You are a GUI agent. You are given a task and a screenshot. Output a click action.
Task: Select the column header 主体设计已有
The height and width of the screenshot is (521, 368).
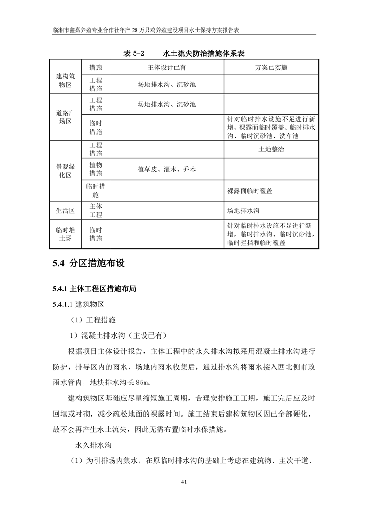point(167,67)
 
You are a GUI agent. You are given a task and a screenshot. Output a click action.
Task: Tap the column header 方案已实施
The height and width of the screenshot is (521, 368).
point(271,67)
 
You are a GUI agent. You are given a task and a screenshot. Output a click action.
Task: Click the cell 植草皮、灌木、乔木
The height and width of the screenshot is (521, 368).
point(167,169)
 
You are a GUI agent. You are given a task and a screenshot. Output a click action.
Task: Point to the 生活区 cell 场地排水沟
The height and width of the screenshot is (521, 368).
point(243,210)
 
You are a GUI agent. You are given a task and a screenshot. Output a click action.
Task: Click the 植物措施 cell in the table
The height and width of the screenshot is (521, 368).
point(96,169)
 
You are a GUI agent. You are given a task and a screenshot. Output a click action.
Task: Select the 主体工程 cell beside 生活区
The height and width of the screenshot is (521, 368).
point(96,210)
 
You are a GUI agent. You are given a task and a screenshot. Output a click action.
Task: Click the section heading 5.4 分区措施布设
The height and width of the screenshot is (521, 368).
point(88,264)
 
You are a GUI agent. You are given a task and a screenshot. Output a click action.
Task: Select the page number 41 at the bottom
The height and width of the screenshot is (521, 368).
point(184,482)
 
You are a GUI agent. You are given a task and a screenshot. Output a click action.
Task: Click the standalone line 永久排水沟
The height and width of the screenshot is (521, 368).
point(94,445)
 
